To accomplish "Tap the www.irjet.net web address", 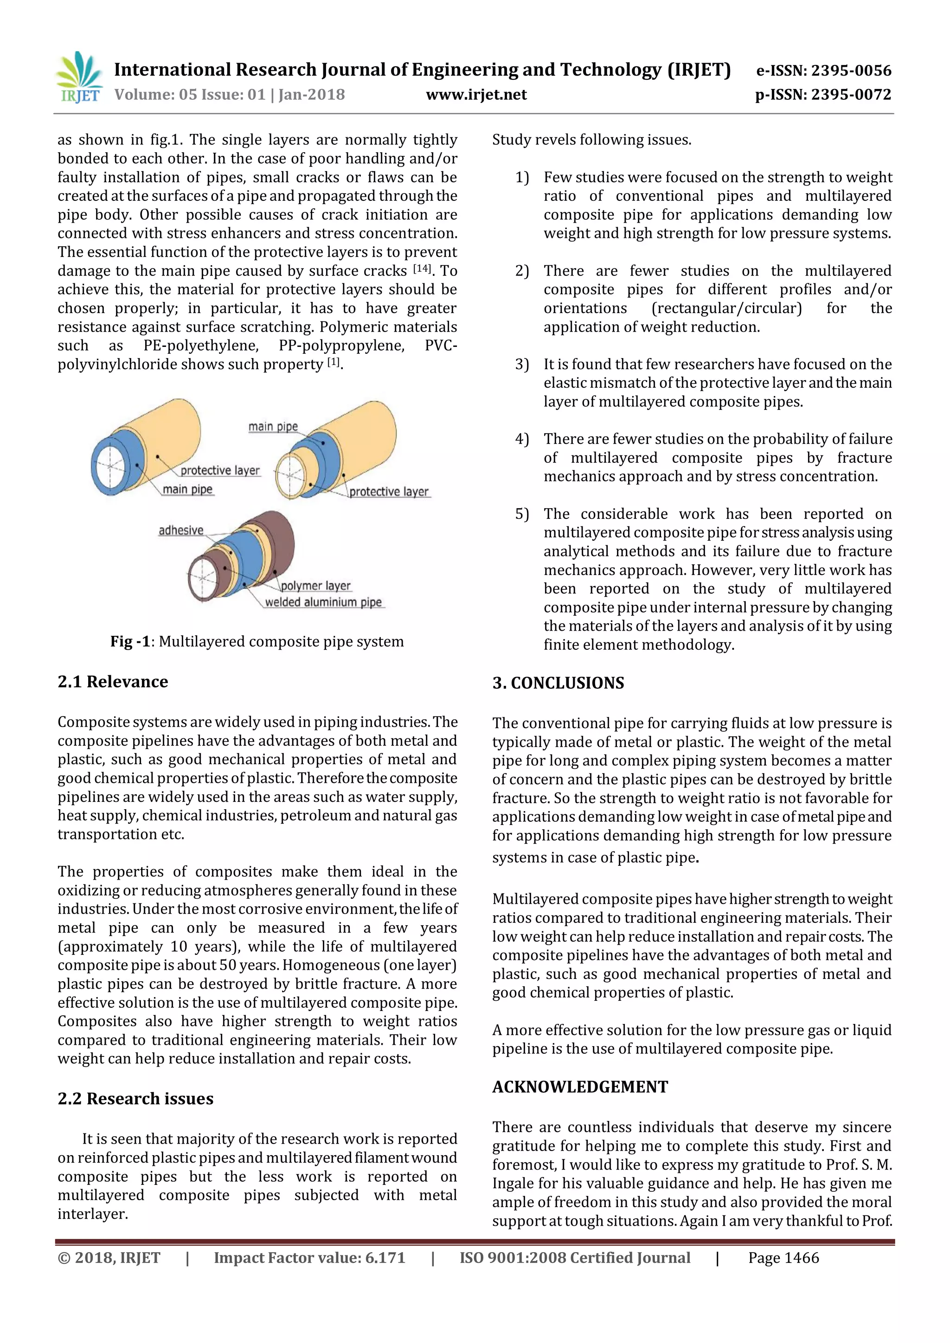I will click(x=476, y=95).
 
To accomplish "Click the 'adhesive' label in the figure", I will click(x=181, y=531).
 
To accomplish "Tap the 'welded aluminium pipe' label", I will click(x=323, y=602).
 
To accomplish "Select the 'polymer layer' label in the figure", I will click(x=315, y=586).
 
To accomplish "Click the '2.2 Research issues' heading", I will click(x=135, y=1099).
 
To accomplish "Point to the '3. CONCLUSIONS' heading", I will click(x=558, y=683).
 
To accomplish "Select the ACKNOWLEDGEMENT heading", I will click(x=580, y=1087).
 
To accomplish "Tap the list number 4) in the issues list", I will click(x=522, y=439).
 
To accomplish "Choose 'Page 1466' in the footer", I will click(x=783, y=1258).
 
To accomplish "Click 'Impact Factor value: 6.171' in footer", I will click(x=309, y=1258).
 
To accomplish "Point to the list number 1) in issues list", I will click(x=522, y=177).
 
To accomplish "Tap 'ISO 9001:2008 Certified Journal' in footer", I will click(x=574, y=1258).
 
